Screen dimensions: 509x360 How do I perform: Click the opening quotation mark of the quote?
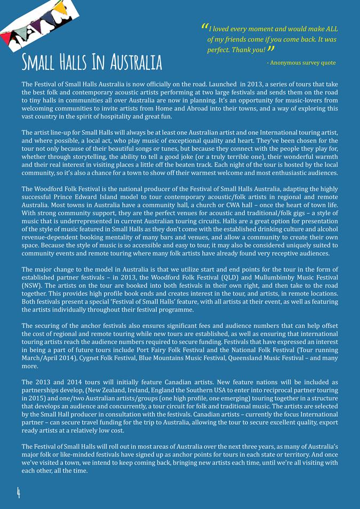pyautogui.click(x=205, y=27)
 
